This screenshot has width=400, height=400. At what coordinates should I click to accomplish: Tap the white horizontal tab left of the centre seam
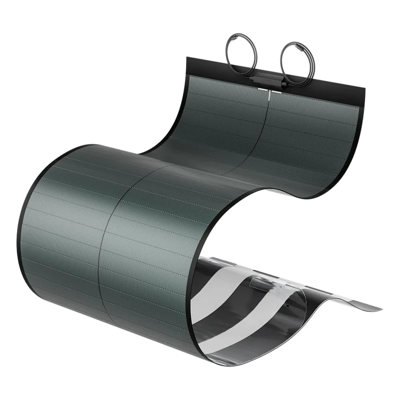261,90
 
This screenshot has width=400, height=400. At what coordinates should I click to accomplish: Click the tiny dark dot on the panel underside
288,303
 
